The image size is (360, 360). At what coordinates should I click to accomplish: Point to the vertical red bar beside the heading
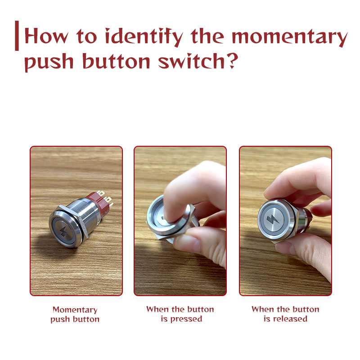17,36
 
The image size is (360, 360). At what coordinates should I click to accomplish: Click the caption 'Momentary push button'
75,315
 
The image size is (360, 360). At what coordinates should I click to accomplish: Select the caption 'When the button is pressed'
180,314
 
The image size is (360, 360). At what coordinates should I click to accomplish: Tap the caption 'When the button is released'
285,314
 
